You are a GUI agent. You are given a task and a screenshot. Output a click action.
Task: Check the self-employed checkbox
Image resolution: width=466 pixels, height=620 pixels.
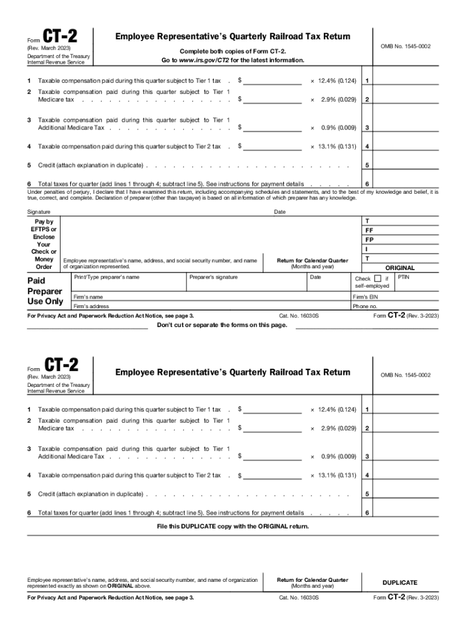378,279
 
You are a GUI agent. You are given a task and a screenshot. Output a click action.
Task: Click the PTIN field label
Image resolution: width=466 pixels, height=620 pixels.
404,277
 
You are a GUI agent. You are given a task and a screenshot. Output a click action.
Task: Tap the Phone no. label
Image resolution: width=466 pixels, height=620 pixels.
365,306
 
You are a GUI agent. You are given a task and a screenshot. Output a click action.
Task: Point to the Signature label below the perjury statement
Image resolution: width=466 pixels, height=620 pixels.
39,212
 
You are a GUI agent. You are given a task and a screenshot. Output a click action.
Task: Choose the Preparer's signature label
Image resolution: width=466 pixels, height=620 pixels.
214,277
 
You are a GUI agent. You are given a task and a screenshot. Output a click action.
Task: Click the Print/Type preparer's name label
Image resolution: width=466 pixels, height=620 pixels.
106,277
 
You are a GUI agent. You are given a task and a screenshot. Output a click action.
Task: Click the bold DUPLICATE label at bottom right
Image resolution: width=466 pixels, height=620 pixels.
399,582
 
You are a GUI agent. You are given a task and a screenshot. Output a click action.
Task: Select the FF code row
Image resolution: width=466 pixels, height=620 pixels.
369,231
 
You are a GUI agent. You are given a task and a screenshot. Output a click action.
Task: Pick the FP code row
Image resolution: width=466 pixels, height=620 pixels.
369,240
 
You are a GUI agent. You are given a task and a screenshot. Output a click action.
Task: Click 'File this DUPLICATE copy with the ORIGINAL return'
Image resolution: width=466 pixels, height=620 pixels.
232,526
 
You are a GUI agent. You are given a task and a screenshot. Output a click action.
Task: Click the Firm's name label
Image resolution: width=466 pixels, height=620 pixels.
88,297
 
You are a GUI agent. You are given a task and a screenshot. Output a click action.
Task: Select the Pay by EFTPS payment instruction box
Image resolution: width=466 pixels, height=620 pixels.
44,244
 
